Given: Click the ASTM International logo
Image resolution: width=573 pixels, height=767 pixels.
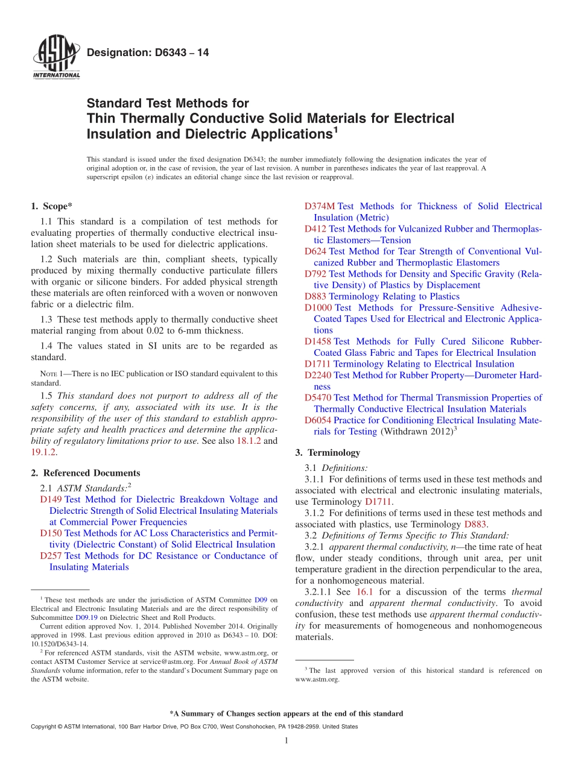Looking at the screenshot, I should [x=56, y=58].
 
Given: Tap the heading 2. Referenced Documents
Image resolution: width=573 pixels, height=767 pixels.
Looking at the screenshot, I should [x=85, y=473].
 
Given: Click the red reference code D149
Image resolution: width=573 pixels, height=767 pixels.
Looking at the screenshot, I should [x=51, y=499].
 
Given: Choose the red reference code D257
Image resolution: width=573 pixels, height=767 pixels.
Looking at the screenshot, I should [x=51, y=555].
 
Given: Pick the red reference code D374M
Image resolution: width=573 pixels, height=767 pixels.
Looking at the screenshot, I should [x=320, y=206].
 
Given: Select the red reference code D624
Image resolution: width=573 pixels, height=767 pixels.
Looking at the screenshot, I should [x=315, y=251].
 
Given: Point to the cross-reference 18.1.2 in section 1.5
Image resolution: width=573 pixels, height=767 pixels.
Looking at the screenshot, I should [x=249, y=440].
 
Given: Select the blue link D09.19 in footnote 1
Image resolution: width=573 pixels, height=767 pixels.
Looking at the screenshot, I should [x=84, y=617].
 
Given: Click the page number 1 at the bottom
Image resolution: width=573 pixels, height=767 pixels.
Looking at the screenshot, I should [x=286, y=740].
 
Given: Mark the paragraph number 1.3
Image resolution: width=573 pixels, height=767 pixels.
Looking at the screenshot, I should [x=46, y=319].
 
